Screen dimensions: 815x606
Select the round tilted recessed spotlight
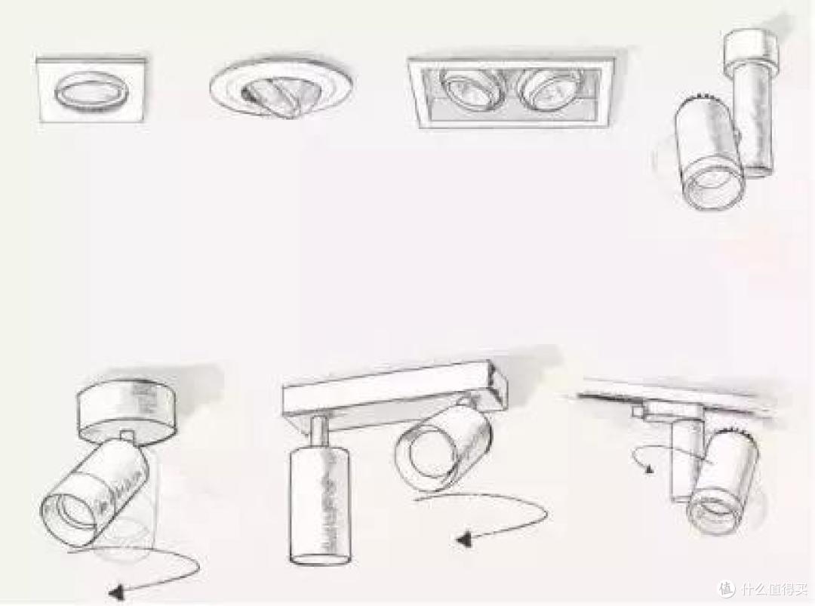[x=281, y=87]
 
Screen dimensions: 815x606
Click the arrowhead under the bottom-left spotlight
[x=118, y=591]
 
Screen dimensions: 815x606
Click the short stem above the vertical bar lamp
[x=318, y=431]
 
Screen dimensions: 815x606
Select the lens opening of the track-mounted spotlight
[x=715, y=511]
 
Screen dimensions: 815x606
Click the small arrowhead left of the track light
[x=647, y=469]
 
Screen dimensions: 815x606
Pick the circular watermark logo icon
[x=727, y=589]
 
